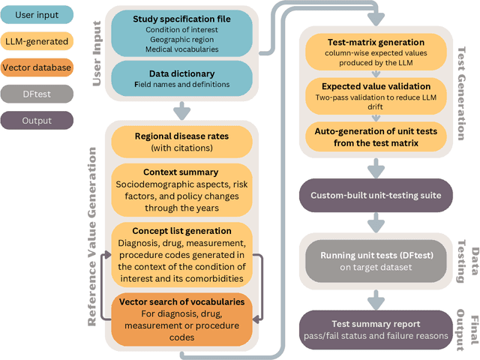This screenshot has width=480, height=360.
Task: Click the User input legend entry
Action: click(37, 14)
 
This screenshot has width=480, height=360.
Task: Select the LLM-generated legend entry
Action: click(37, 40)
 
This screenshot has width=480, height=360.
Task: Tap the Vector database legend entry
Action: click(37, 67)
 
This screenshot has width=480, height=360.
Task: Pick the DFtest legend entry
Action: click(37, 94)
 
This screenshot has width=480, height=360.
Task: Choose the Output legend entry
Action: click(37, 120)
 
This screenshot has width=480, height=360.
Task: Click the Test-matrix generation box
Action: click(375, 49)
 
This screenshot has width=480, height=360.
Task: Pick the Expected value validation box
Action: click(375, 92)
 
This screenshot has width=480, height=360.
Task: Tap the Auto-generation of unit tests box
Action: click(375, 136)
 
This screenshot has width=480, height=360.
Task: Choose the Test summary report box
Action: click(375, 325)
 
